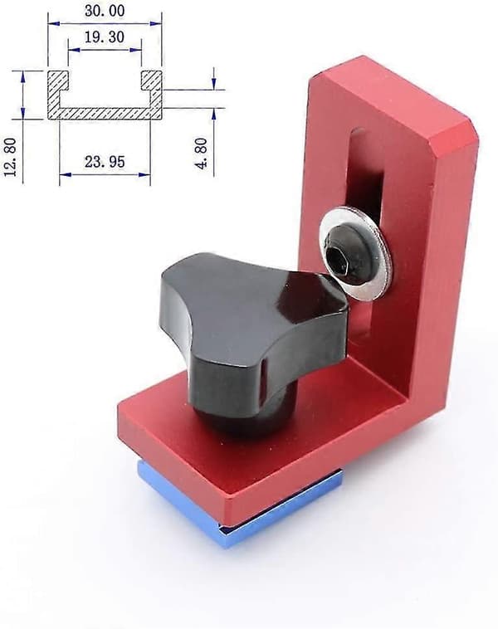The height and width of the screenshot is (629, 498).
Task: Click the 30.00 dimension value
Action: [x=105, y=11]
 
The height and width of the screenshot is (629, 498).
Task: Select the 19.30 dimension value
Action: [x=105, y=37]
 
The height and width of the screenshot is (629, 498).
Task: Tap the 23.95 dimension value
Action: [x=105, y=162]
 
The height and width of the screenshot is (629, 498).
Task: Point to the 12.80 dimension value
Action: [x=11, y=157]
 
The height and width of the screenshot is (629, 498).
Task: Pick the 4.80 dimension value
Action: [x=202, y=154]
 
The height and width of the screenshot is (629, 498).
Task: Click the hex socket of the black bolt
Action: [x=336, y=258]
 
